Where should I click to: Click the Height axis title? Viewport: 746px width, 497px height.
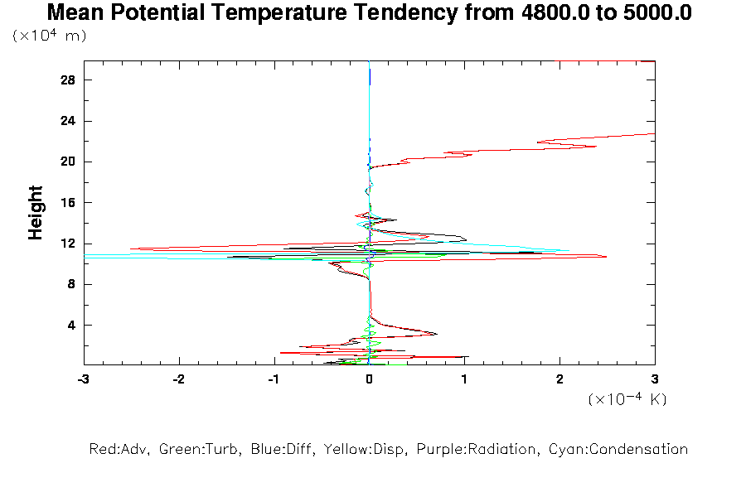pyautogui.click(x=36, y=213)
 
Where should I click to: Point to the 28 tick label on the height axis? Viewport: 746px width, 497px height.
pyautogui.click(x=68, y=80)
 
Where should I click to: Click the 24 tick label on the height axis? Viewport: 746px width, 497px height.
pyautogui.click(x=68, y=121)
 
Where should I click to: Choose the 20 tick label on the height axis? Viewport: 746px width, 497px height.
pyautogui.click(x=68, y=162)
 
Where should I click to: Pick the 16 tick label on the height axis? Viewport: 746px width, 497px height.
pyautogui.click(x=68, y=203)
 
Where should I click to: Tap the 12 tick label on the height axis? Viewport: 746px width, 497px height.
pyautogui.click(x=68, y=244)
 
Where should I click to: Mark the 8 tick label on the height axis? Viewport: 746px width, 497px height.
pyautogui.click(x=71, y=284)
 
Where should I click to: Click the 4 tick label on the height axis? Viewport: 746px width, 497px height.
pyautogui.click(x=71, y=325)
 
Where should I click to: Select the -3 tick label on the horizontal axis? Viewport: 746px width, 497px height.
pyautogui.click(x=83, y=379)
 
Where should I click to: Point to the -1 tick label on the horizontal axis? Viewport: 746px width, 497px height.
pyautogui.click(x=273, y=379)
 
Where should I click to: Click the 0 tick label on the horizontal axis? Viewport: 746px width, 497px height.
pyautogui.click(x=370, y=379)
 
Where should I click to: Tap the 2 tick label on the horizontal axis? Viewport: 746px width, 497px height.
pyautogui.click(x=560, y=379)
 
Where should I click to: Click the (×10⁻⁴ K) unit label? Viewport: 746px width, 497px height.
pyautogui.click(x=627, y=400)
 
